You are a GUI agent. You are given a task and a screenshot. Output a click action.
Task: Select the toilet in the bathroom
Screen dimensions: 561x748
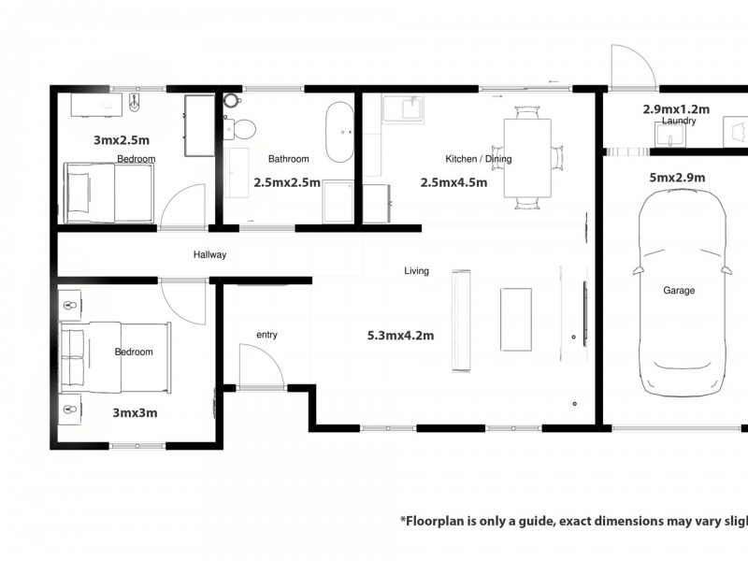(244, 129)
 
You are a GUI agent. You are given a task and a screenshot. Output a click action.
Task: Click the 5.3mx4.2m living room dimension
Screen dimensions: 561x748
(400, 336)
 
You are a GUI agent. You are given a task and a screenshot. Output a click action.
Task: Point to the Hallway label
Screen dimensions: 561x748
(209, 254)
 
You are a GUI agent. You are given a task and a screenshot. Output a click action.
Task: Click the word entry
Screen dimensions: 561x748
(266, 335)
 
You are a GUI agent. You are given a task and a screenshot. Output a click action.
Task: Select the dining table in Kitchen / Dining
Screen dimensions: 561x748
(527, 157)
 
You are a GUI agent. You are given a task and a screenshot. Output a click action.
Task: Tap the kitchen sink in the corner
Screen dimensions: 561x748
(404, 108)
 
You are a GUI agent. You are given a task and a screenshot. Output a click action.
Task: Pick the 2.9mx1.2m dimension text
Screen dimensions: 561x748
(676, 108)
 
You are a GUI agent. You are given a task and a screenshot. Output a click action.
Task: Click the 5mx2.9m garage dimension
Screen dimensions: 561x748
(678, 178)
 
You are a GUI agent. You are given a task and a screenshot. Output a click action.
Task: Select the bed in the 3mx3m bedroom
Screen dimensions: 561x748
(117, 356)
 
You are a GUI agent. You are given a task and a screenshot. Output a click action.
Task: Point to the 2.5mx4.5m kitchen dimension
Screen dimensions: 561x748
(453, 183)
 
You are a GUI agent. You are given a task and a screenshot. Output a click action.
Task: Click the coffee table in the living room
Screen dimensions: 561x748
(515, 319)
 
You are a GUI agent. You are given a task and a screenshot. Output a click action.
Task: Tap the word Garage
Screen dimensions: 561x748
(679, 291)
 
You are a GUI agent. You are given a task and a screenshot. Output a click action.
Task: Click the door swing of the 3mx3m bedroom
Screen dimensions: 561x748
(182, 301)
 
